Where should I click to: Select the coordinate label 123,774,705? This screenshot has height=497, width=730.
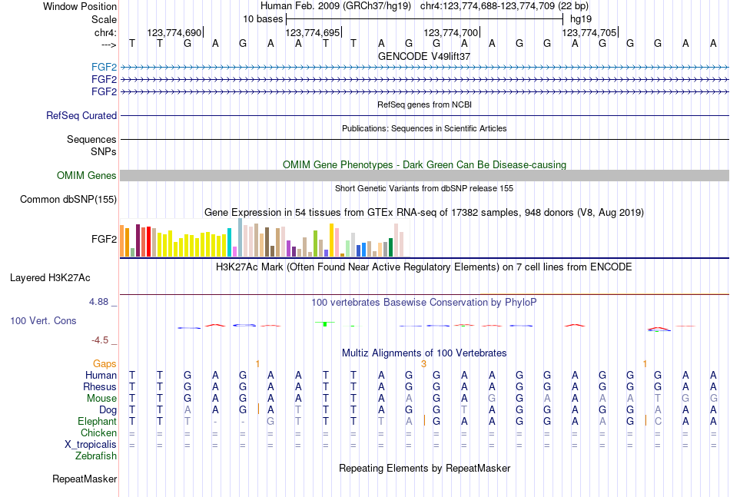[x=589, y=33]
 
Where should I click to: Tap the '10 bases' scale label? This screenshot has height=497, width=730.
[x=263, y=18]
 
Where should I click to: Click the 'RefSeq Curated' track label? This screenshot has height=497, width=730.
[x=81, y=115]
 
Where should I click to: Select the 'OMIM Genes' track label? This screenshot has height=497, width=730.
[x=87, y=176]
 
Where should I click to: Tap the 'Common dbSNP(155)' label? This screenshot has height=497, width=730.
[x=68, y=200]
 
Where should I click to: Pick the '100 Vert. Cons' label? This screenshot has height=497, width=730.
[x=43, y=320]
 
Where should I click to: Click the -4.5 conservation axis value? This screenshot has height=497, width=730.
[x=101, y=340]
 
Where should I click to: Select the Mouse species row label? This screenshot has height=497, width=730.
[x=101, y=398]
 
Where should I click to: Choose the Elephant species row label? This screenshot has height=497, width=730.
[x=97, y=421]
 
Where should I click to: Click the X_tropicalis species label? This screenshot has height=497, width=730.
[x=91, y=444]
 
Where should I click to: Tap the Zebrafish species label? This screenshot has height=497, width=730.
[x=96, y=456]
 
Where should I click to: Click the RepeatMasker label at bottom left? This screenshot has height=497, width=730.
[x=85, y=479]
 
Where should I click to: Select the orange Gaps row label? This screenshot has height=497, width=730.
[x=105, y=363]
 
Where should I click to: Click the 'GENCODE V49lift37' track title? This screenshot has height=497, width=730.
[x=424, y=56]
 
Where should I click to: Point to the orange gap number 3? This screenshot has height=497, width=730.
[x=423, y=363]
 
